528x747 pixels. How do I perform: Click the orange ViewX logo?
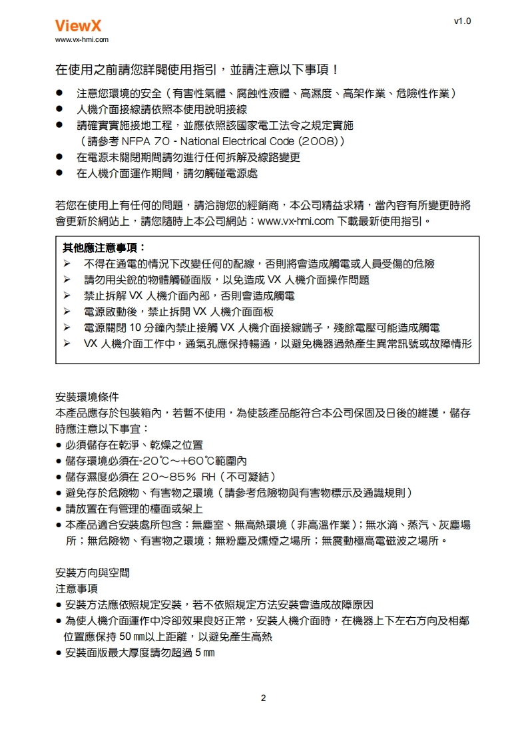(x=77, y=26)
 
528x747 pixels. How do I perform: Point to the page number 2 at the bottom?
(x=264, y=698)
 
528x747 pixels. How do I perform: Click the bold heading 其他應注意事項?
(x=104, y=248)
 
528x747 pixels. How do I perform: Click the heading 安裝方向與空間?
(x=92, y=573)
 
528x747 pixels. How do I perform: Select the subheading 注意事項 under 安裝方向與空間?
(x=76, y=589)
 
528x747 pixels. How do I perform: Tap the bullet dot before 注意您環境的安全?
(x=59, y=93)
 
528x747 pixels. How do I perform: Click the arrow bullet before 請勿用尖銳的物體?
(x=67, y=280)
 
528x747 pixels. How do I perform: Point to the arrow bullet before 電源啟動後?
(x=67, y=312)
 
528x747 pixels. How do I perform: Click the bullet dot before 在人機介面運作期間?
(x=59, y=173)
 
